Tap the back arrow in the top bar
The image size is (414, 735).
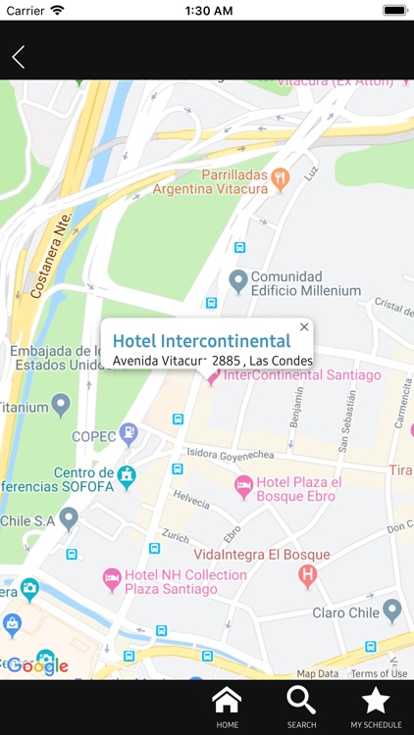tap(18, 57)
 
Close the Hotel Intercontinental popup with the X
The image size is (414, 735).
tap(304, 327)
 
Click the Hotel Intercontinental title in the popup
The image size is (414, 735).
tap(201, 341)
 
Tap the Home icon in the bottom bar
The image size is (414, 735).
tap(227, 706)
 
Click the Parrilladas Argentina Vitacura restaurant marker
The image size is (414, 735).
tap(282, 177)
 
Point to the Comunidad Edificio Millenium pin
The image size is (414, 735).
tap(237, 281)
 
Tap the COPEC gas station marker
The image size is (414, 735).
tap(129, 431)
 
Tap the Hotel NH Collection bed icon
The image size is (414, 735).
tap(112, 578)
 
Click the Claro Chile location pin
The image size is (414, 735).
tap(392, 611)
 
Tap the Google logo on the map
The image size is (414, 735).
tap(37, 666)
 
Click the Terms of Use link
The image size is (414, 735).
tap(379, 673)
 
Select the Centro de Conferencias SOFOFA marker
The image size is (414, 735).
tap(126, 475)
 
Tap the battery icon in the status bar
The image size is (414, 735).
tap(394, 10)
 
